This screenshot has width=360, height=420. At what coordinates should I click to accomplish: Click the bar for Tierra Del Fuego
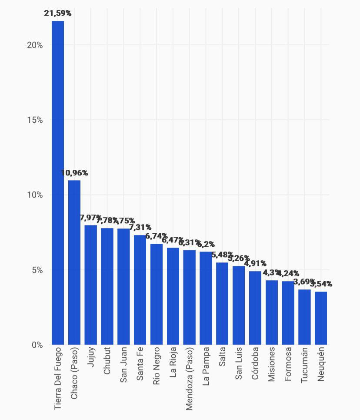(x=58, y=183)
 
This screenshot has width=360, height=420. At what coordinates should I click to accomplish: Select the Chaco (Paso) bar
(x=74, y=262)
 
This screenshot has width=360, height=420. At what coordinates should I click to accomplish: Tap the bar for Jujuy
(x=90, y=285)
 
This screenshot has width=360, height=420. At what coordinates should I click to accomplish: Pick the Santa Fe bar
(x=140, y=290)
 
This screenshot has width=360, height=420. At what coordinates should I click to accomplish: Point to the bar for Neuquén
(x=321, y=318)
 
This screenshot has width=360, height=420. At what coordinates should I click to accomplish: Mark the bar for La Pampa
(x=206, y=298)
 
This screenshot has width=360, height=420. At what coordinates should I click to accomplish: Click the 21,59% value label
(x=58, y=13)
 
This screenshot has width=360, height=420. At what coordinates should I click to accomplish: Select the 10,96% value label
(x=74, y=173)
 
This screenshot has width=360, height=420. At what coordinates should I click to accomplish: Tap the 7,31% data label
(x=140, y=227)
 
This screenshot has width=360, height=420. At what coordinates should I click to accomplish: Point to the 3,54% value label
(x=321, y=284)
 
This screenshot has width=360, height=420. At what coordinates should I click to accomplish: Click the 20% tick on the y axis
(x=35, y=45)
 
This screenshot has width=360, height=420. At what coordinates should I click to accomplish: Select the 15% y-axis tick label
(x=35, y=120)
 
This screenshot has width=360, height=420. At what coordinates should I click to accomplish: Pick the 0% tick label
(x=37, y=345)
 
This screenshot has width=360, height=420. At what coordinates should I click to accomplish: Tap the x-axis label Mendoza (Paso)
(x=189, y=378)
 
